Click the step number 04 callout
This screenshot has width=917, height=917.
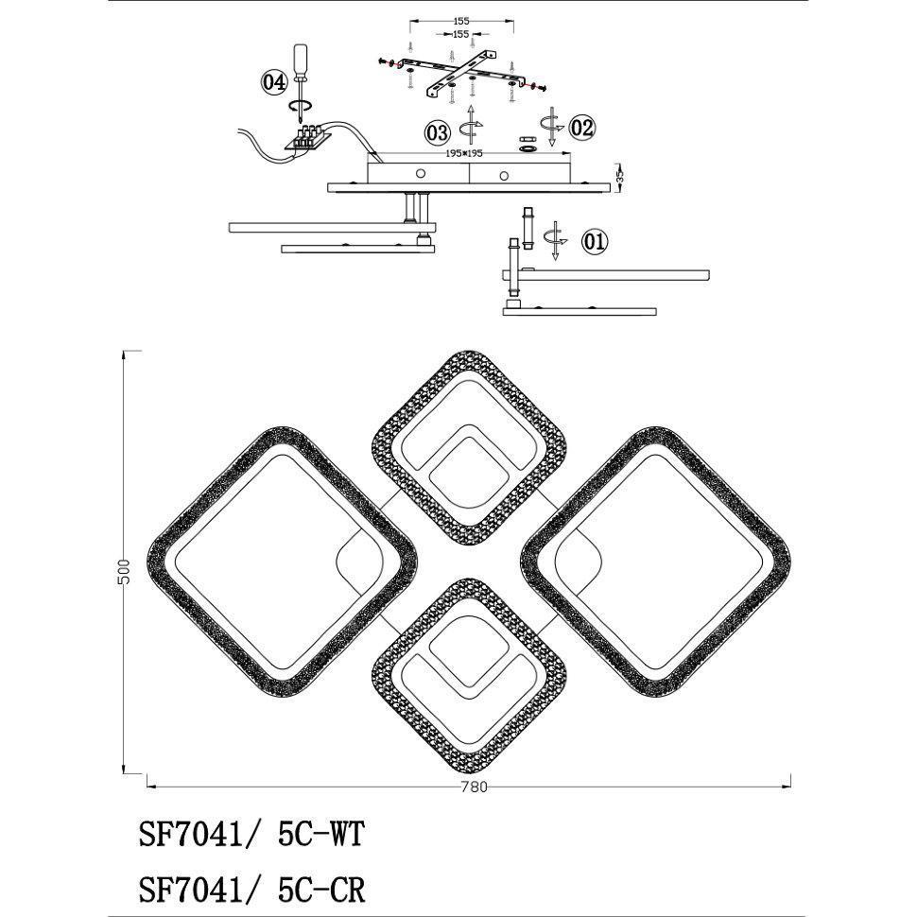coord(274,82)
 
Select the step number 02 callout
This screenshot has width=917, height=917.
coord(582,127)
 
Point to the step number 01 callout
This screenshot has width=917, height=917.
coord(595,241)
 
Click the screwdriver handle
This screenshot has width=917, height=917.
coord(301,59)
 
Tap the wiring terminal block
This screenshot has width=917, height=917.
coord(307,138)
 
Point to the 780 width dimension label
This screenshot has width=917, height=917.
coord(474,787)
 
